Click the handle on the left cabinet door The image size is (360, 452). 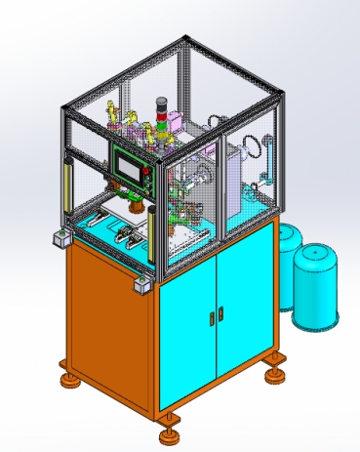click(x=211, y=317)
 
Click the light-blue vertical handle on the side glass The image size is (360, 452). click(x=263, y=162)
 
